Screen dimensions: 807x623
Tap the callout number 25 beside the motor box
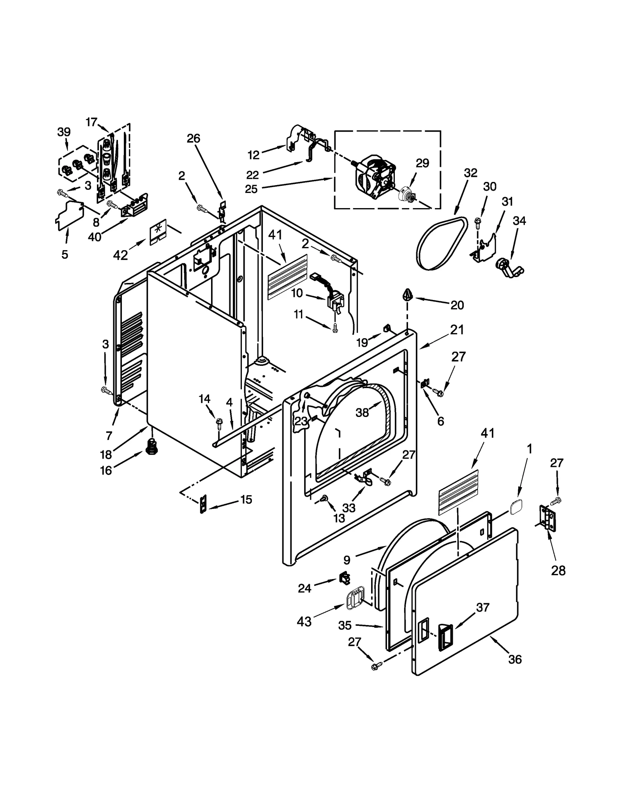pyautogui.click(x=251, y=189)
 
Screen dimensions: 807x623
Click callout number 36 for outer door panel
pyautogui.click(x=515, y=659)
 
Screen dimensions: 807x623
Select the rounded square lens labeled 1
pyautogui.click(x=516, y=508)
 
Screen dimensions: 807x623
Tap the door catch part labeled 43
pyautogui.click(x=354, y=600)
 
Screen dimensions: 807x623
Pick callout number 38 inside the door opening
pyautogui.click(x=362, y=413)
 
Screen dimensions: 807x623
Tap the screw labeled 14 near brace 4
pyautogui.click(x=219, y=422)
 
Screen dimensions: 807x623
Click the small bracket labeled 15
pyautogui.click(x=203, y=505)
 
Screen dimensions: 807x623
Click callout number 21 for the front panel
pyautogui.click(x=457, y=330)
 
